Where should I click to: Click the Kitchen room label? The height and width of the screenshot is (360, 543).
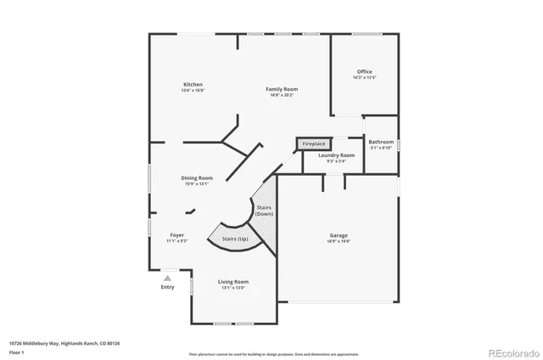tap(193, 84)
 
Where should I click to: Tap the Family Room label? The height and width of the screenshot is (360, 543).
tap(282, 88)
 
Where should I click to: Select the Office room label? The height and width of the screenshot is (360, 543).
tap(364, 71)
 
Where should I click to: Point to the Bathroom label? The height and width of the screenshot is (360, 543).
tap(381, 142)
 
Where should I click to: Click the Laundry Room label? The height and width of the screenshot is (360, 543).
tap(336, 155)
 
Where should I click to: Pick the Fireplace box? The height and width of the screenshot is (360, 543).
tap(313, 144)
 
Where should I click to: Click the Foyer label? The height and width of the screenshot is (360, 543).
tap(176, 234)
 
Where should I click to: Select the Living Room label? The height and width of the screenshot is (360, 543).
tap(233, 281)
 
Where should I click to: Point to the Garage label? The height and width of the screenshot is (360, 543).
tap(339, 235)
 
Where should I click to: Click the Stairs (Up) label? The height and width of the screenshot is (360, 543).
tap(235, 239)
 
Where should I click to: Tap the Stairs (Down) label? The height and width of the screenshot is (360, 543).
tap(264, 211)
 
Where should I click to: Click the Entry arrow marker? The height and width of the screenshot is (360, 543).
tap(167, 277)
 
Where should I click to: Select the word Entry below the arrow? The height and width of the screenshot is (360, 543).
tap(167, 287)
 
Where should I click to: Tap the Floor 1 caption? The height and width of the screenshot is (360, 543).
tap(16, 352)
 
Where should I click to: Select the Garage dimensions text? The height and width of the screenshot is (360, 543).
tap(339, 241)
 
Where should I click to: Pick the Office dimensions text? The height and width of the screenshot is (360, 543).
tap(364, 77)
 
